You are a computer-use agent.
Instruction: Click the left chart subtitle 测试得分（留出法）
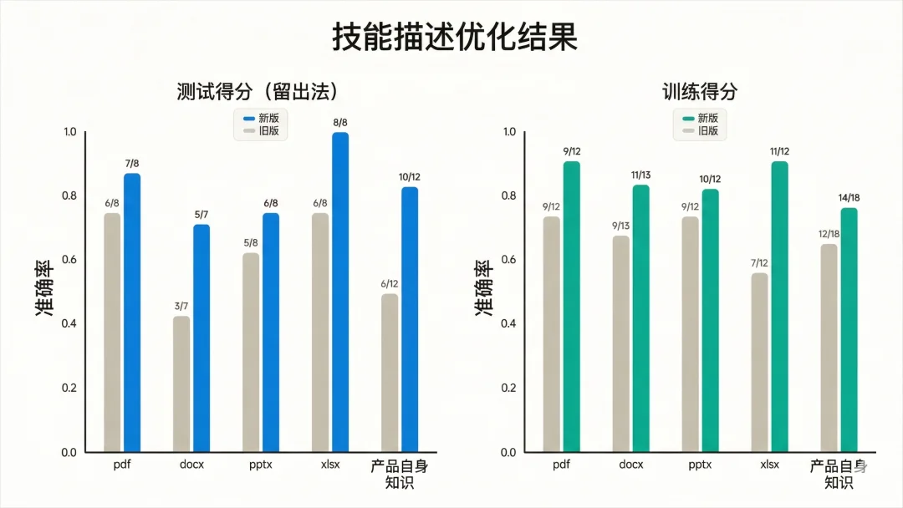(x=263, y=92)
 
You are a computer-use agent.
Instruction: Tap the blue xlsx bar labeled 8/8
(x=340, y=292)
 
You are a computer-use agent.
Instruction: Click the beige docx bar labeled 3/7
(x=181, y=384)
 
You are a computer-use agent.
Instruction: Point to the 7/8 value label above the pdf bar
(x=132, y=163)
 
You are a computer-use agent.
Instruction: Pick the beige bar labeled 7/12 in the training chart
(x=759, y=363)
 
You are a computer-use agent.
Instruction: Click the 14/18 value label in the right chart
(x=849, y=197)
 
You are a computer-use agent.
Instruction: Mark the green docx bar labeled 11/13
(x=640, y=318)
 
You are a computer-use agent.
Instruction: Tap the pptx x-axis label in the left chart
(x=261, y=465)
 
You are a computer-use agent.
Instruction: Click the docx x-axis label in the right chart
(x=631, y=465)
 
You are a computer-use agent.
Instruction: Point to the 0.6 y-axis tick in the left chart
(x=69, y=260)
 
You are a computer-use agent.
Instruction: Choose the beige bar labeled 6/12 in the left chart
(x=390, y=373)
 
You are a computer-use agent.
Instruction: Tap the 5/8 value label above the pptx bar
(x=251, y=243)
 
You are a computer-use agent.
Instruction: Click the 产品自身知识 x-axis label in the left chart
(x=400, y=474)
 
